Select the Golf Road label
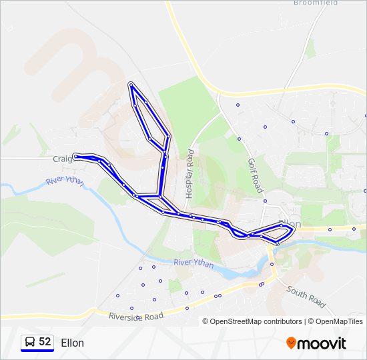coord(255,175)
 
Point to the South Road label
coord(306,297)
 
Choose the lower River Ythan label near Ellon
coord(194,263)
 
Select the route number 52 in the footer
coord(45,341)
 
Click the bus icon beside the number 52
coord(29,342)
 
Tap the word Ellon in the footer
coord(72,343)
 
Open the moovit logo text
coord(322,343)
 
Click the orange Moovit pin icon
coord(291,343)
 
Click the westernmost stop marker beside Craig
coord(75,157)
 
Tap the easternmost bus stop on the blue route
coord(292,230)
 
